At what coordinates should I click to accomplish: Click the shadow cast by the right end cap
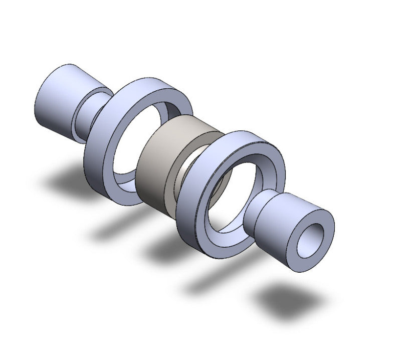pos(288,301)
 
